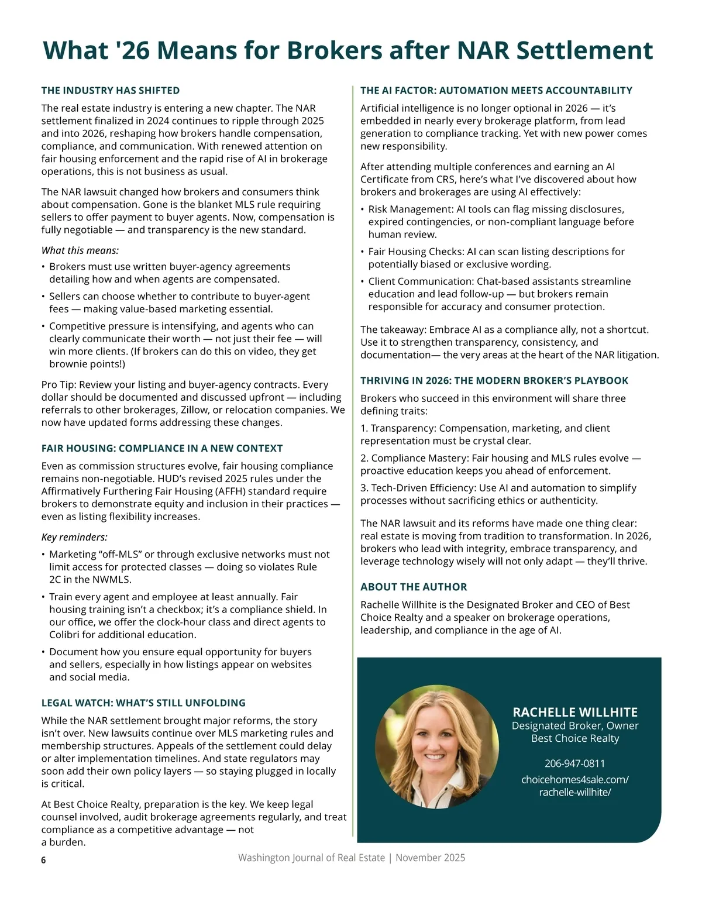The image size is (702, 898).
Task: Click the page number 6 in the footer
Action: click(x=43, y=860)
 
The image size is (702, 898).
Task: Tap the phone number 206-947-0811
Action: click(x=574, y=763)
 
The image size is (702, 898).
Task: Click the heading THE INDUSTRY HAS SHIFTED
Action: click(x=111, y=91)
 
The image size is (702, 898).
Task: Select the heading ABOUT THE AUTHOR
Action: click(x=414, y=587)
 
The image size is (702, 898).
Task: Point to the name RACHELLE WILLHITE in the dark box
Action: click(x=575, y=712)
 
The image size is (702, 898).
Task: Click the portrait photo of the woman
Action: click(x=437, y=748)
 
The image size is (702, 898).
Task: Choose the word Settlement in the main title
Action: click(x=584, y=50)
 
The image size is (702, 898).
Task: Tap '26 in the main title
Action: click(x=133, y=50)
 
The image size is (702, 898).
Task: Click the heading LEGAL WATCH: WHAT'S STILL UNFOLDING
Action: click(x=143, y=703)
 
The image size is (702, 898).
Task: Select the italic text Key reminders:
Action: click(x=74, y=537)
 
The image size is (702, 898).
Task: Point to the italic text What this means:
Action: click(x=80, y=250)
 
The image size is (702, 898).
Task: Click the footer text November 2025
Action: click(x=430, y=858)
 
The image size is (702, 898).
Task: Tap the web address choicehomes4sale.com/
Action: click(x=574, y=779)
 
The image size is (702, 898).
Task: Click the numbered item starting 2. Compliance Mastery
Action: click(x=500, y=465)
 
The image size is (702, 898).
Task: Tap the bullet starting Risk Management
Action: click(x=496, y=222)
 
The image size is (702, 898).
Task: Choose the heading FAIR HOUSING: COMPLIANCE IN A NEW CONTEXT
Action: click(x=162, y=448)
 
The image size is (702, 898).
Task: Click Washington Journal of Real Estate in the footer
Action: click(x=311, y=858)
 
